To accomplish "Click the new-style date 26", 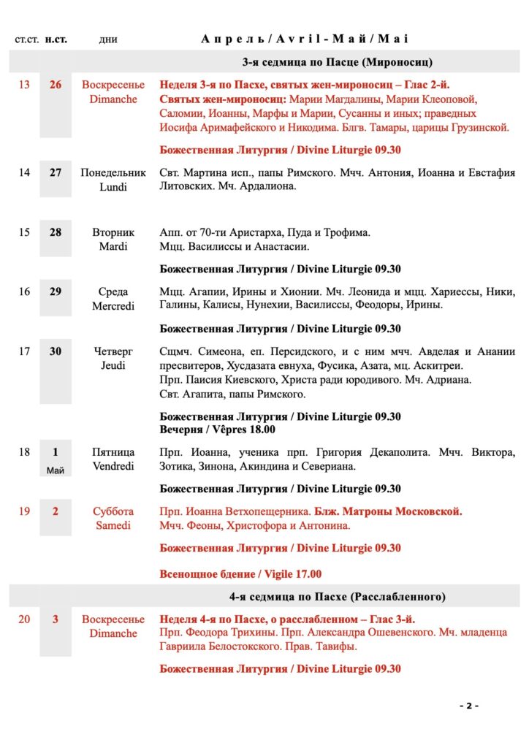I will (56, 85).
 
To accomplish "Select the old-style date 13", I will (24, 85).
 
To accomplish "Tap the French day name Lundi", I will (113, 187).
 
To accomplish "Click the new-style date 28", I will (56, 232).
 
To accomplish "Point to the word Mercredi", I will (113, 306).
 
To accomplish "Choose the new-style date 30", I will (56, 351).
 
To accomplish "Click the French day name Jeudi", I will (113, 365).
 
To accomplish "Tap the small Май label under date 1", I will (56, 470).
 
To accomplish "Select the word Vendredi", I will (113, 466).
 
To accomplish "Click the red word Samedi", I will (113, 525).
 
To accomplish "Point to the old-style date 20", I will (24, 619).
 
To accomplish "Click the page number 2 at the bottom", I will (468, 706).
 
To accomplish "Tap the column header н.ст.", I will (56, 39).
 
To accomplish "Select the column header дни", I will (108, 39).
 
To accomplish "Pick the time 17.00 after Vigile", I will (306, 574).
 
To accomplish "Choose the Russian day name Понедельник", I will (113, 173).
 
